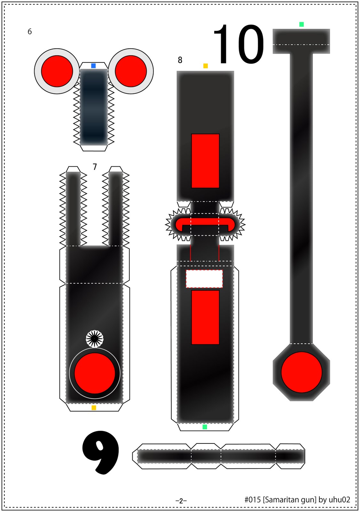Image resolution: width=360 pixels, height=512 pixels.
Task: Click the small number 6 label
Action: click(29, 32)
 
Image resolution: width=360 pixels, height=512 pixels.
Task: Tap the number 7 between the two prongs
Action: click(95, 167)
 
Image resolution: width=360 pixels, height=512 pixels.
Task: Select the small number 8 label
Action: click(180, 60)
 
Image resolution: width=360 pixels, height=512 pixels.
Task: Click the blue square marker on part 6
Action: click(93, 66)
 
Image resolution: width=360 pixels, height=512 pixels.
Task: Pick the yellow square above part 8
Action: click(205, 66)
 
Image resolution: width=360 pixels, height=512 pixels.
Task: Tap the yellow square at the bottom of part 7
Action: click(94, 408)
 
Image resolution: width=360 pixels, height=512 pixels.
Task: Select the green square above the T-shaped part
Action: click(301, 24)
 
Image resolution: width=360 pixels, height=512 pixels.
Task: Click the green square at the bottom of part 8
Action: click(205, 427)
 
